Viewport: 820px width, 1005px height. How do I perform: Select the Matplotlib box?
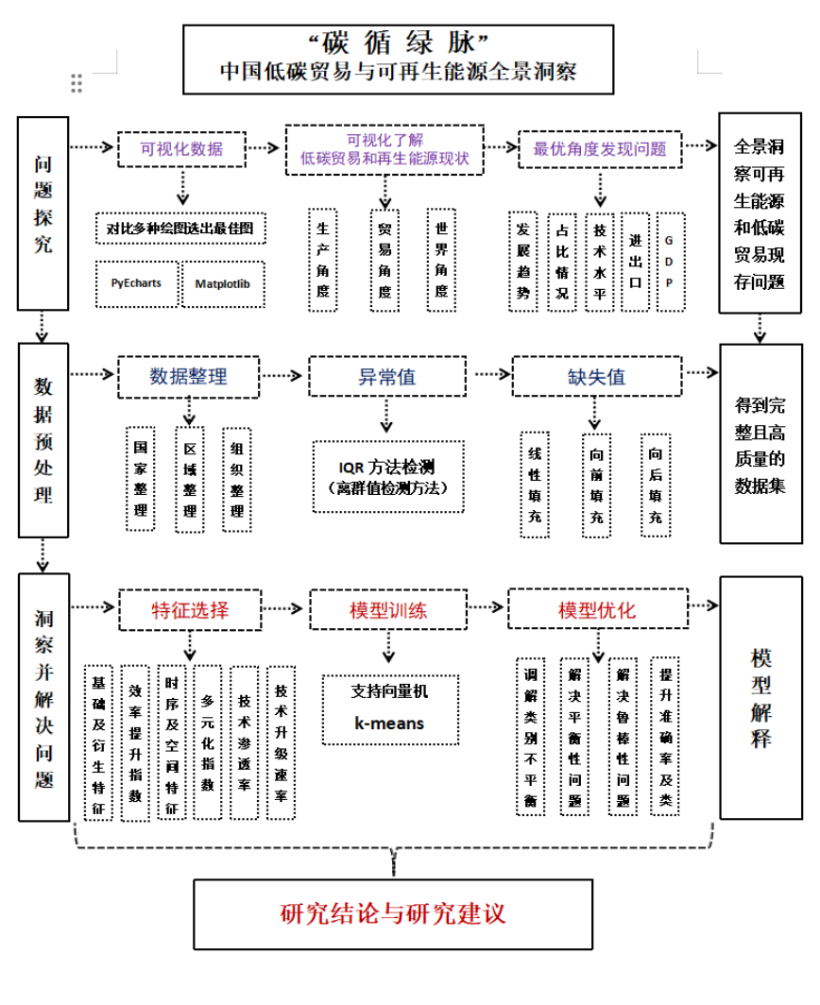(222, 282)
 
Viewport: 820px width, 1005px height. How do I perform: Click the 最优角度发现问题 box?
(600, 148)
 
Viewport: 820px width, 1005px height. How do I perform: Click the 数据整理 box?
(188, 376)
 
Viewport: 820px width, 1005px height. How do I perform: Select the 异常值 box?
(385, 376)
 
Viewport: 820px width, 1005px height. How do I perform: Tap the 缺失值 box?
(596, 376)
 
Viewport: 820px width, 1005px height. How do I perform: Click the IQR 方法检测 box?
(387, 476)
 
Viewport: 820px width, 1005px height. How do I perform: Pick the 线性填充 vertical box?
(535, 485)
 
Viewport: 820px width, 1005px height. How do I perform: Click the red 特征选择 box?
(190, 609)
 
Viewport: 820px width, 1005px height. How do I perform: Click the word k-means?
(389, 724)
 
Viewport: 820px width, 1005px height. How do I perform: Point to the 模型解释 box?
(760, 697)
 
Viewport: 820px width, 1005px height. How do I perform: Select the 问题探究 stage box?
(43, 213)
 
